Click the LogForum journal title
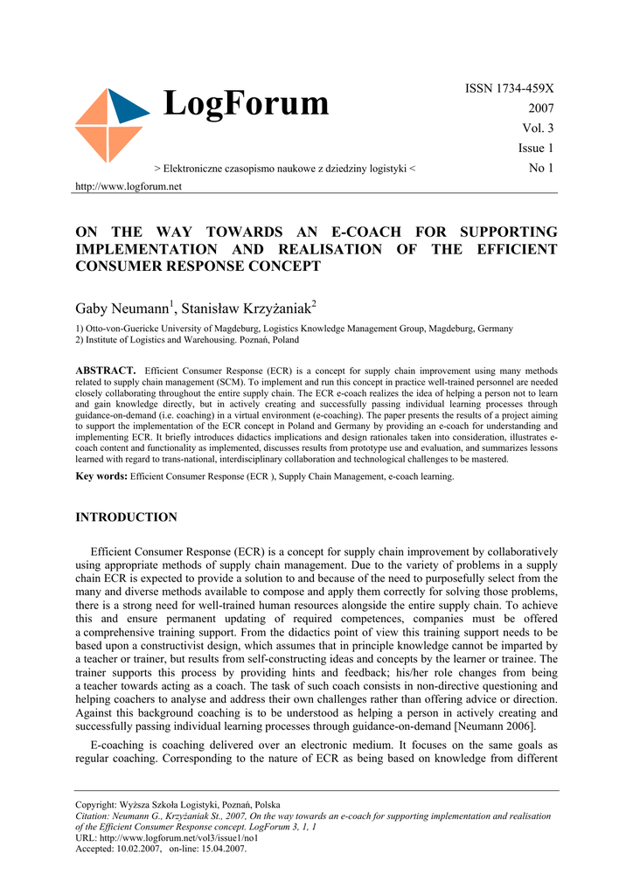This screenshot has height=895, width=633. pyautogui.click(x=246, y=104)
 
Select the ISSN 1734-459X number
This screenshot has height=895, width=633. pyautogui.click(x=510, y=88)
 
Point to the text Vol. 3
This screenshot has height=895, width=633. pyautogui.click(x=538, y=128)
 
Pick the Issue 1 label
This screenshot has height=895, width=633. pyautogui.click(x=536, y=149)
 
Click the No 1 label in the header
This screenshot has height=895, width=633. pyautogui.click(x=541, y=168)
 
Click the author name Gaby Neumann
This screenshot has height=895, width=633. pyautogui.click(x=123, y=309)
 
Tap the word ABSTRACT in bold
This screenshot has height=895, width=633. pyautogui.click(x=106, y=371)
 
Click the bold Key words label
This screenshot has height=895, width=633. pyautogui.click(x=101, y=476)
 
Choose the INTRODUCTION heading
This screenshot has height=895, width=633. pyautogui.click(x=126, y=517)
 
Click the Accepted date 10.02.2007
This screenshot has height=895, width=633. pyautogui.click(x=138, y=847)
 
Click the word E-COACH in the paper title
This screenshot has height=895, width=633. pyautogui.click(x=366, y=232)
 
